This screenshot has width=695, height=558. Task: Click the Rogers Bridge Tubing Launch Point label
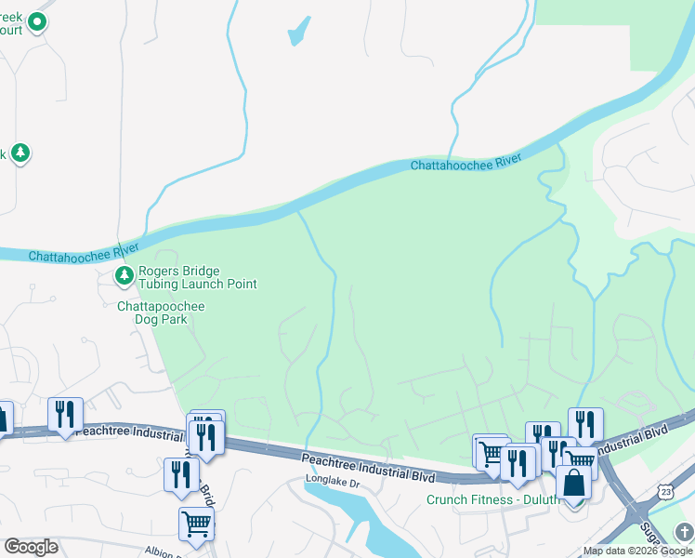point(197,277)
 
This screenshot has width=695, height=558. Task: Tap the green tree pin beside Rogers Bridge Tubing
point(125,275)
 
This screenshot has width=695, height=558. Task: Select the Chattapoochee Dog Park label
point(161,312)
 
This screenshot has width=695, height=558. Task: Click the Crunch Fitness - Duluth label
point(492,499)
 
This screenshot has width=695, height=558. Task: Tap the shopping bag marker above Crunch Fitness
point(573,484)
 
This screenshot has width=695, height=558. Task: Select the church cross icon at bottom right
point(684,530)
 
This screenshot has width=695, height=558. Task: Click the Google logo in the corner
point(31,547)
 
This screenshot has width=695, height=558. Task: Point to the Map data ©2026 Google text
point(636,551)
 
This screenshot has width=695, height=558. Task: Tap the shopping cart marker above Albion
point(196,524)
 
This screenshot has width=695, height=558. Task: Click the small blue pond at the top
point(298,32)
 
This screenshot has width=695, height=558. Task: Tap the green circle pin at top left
point(37,21)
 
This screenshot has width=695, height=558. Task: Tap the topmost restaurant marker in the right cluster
point(585,424)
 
